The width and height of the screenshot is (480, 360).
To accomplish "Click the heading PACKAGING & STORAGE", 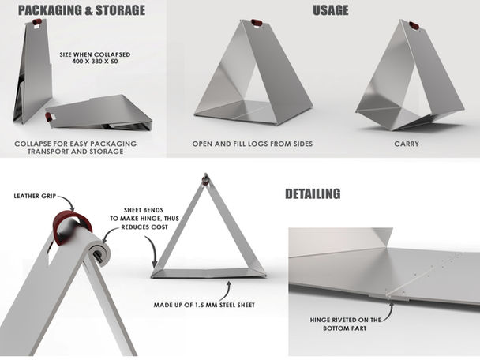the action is click(81, 10).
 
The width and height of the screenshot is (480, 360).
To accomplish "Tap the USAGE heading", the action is click(331, 10).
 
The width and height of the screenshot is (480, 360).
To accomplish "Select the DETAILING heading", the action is click(313, 193).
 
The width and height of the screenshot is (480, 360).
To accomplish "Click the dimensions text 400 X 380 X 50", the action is click(95, 62).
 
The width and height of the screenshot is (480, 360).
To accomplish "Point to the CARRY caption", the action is click(407, 144).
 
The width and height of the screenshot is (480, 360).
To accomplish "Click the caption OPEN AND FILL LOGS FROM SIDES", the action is click(253, 144).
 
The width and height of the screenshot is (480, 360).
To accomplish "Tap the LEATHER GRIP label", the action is click(35, 196).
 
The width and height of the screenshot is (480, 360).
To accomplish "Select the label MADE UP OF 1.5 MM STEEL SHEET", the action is click(204, 305).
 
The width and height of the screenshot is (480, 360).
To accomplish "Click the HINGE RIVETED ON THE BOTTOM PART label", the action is click(345, 324).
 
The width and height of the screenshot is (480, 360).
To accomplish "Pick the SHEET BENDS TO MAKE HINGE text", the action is click(144, 219).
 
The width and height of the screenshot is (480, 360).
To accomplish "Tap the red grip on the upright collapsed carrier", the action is click(37, 22).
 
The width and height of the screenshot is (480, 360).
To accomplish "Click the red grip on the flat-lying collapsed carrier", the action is click(48, 117).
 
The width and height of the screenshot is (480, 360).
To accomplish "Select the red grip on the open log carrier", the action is click(257, 23).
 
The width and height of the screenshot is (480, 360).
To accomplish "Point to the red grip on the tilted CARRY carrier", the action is click(414, 25).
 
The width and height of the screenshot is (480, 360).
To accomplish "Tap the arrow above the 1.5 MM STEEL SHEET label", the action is click(226, 291).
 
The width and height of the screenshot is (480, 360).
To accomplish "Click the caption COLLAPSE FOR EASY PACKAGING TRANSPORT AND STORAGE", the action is click(75, 148).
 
